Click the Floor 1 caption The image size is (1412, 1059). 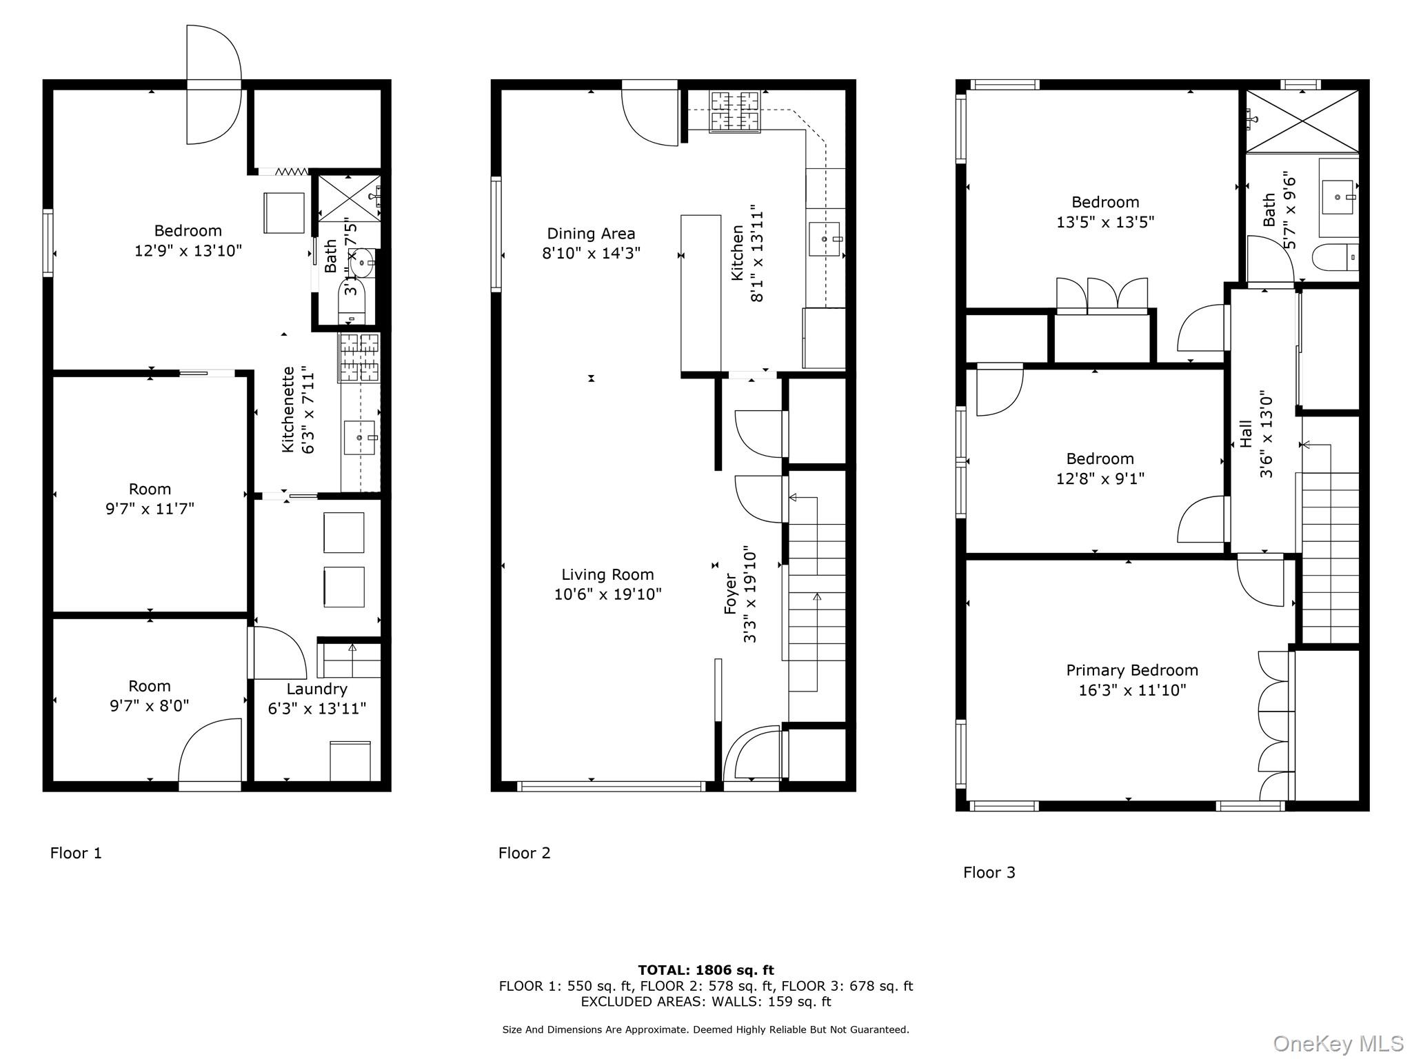click(76, 853)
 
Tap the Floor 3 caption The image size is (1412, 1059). click(989, 872)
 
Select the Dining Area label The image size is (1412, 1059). click(591, 234)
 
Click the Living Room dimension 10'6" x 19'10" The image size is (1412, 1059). click(607, 594)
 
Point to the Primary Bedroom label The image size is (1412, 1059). click(1131, 670)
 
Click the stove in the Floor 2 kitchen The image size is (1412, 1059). click(734, 111)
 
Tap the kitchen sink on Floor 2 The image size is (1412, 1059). click(825, 239)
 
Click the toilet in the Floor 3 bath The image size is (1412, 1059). click(1334, 258)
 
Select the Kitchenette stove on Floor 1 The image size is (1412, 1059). click(359, 357)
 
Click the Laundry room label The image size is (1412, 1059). click(316, 689)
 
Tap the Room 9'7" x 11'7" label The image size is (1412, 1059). click(150, 498)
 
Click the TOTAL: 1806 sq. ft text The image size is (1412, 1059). click(705, 970)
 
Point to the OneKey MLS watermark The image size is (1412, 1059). click(1338, 1043)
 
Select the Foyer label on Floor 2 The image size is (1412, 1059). click(731, 594)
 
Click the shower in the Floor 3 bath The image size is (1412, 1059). click(1302, 121)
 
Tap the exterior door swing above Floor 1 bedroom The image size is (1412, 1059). click(213, 84)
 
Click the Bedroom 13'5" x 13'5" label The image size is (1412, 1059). click(1105, 212)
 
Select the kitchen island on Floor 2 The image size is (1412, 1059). click(700, 294)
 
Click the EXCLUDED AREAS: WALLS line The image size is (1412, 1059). click(705, 1002)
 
